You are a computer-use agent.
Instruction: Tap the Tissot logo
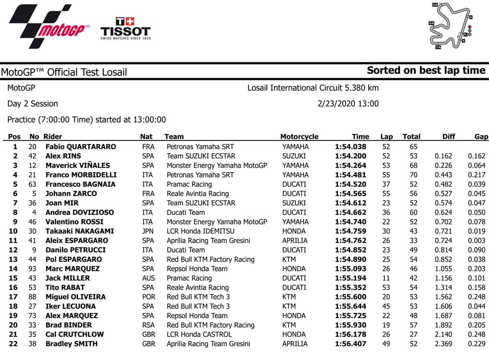pyautogui.click(x=125, y=28)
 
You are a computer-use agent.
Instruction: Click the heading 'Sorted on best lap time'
pyautogui.click(x=426, y=70)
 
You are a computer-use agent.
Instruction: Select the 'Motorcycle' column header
pyautogui.click(x=299, y=137)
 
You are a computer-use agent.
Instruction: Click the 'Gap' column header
pyautogui.click(x=481, y=137)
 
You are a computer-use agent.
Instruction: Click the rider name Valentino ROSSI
pyautogui.click(x=74, y=222)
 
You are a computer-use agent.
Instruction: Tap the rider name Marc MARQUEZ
pyautogui.click(x=72, y=269)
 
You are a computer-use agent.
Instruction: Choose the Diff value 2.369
pyautogui.click(x=443, y=344)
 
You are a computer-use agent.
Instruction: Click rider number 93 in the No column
pyautogui.click(x=34, y=269)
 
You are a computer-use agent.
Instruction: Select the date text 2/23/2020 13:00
pyautogui.click(x=348, y=104)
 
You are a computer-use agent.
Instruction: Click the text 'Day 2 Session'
pyautogui.click(x=33, y=104)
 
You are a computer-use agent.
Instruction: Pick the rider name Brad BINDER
pyautogui.click(x=68, y=325)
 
